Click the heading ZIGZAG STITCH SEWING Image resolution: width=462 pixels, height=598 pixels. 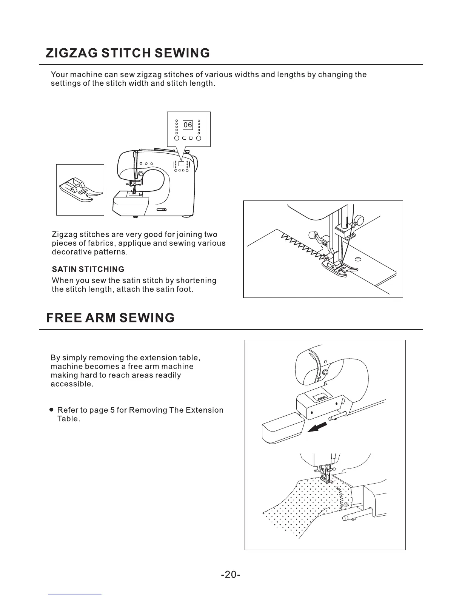pyautogui.click(x=128, y=53)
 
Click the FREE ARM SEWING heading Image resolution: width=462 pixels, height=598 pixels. pyautogui.click(x=110, y=317)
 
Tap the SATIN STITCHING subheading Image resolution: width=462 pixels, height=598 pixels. pyautogui.click(x=88, y=269)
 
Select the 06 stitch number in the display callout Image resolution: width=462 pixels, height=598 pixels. pyautogui.click(x=188, y=125)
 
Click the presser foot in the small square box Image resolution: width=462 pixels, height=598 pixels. pyautogui.click(x=80, y=190)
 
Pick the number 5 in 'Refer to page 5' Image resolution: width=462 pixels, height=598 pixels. pyautogui.click(x=112, y=410)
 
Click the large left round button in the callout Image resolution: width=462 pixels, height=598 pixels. pyautogui.click(x=177, y=138)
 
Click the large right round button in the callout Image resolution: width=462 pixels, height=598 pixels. pyautogui.click(x=199, y=138)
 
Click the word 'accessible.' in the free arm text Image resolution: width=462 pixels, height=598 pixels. pyautogui.click(x=72, y=384)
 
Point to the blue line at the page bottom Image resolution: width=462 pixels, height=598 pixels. pyautogui.click(x=75, y=595)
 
